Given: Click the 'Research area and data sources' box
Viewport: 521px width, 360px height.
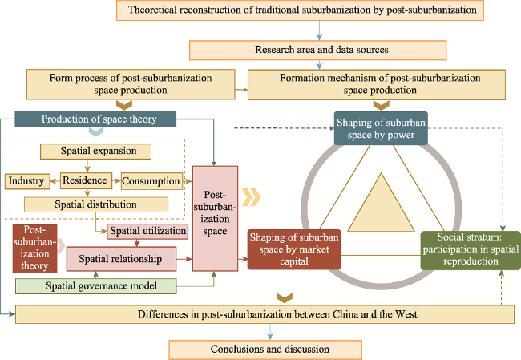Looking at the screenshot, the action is (317, 51).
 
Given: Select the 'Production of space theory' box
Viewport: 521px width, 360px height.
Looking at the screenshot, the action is (95, 119).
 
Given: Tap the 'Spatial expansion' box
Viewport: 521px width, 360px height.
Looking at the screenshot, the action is (95, 152).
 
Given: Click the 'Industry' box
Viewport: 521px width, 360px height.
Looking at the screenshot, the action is (27, 181).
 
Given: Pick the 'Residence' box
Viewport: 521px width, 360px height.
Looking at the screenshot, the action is (86, 180).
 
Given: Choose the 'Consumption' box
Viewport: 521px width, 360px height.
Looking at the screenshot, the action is (151, 181).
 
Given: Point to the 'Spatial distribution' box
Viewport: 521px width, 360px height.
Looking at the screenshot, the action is (96, 204).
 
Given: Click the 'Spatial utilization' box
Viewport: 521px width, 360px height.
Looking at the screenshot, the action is (147, 232).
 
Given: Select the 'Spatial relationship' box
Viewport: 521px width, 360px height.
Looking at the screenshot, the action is (121, 259).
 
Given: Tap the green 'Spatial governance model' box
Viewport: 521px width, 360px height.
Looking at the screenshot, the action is (95, 286).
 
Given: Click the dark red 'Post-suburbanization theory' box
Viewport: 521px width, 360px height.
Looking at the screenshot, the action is (34, 249).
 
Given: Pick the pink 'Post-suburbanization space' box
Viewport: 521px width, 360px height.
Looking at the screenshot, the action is (216, 218).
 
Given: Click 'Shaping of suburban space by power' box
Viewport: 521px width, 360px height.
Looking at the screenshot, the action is (381, 128).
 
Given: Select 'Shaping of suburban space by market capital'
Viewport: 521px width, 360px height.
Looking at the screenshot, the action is (294, 249).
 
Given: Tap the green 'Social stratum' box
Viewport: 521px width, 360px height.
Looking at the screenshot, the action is (471, 250).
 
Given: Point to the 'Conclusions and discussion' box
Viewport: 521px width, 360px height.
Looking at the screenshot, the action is (265, 350).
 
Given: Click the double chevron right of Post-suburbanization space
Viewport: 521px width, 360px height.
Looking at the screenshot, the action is (251, 197).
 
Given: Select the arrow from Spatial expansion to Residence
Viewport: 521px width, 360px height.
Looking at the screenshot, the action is (87, 166).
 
